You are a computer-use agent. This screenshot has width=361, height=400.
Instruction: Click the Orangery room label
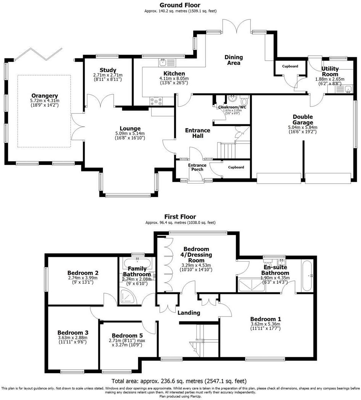pyautogui.click(x=45, y=96)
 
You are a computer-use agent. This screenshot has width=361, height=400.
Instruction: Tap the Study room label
pyautogui.click(x=108, y=70)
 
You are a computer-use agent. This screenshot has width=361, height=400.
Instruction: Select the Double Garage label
pyautogui.click(x=303, y=119)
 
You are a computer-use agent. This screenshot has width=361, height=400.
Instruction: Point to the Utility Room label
pyautogui.click(x=330, y=71)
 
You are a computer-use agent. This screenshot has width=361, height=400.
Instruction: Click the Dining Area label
pyautogui.click(x=233, y=60)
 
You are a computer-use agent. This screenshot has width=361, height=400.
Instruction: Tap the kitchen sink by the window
pyautogui.click(x=163, y=61)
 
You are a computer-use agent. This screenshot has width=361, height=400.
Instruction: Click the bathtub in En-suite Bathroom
pyautogui.click(x=307, y=276)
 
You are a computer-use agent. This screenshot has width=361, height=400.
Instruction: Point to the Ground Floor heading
pyautogui.click(x=180, y=5)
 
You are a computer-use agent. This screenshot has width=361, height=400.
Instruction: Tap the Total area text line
pyautogui.click(x=179, y=381)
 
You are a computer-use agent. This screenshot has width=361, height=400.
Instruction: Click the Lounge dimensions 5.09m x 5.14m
pyautogui.click(x=130, y=134)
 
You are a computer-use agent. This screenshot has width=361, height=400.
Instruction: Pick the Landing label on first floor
pyautogui.click(x=189, y=313)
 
